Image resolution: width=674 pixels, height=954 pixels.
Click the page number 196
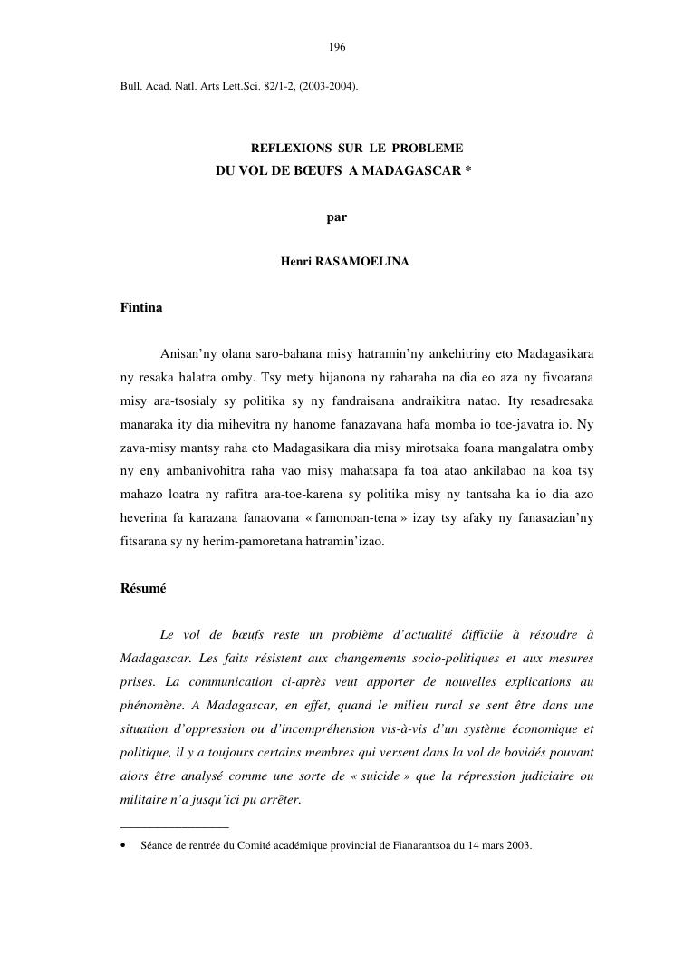click(337, 47)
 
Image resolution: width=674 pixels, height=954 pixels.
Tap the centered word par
click(337, 217)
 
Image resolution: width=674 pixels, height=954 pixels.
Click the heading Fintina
click(141, 308)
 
